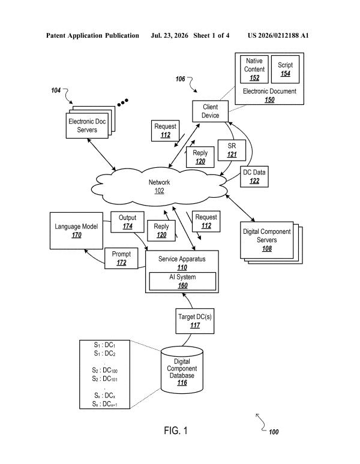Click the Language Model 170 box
[x=76, y=231]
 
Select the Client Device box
[x=210, y=111]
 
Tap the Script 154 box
[x=285, y=70]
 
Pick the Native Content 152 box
[x=254, y=70]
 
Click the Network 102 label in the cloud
[x=159, y=186]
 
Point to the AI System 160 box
[x=182, y=281]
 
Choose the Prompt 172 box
[x=121, y=258]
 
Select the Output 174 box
[x=127, y=222]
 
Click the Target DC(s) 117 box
[x=195, y=321]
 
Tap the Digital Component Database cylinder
[x=182, y=370]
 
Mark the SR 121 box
[x=232, y=150]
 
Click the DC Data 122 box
[x=254, y=176]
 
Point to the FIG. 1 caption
[x=176, y=430]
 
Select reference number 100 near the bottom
[x=274, y=432]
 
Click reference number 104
[x=56, y=91]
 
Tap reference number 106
[x=180, y=79]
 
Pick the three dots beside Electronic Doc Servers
[x=122, y=103]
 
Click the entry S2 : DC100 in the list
[x=105, y=370]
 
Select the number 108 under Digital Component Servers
[x=267, y=249]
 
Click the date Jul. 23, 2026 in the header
[x=169, y=35]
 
